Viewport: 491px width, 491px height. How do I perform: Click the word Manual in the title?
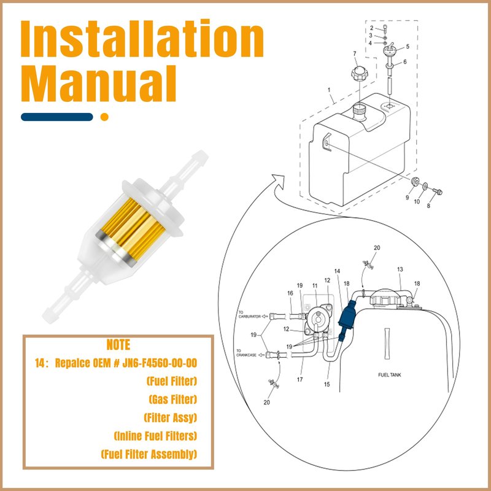coord(98,83)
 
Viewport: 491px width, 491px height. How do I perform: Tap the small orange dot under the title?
coord(104,117)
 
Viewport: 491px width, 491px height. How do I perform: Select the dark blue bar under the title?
coord(57,117)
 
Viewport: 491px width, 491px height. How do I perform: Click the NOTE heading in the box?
coord(118,344)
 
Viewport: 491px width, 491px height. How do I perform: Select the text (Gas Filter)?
coord(173,400)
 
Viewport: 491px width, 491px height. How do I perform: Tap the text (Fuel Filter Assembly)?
coord(149,454)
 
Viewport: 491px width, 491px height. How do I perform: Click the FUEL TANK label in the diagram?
coord(389,375)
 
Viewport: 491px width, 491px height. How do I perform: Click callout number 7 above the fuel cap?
coord(355,54)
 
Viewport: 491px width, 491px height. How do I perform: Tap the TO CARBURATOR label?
coord(250,314)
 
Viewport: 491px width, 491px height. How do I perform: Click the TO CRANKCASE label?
coord(247,353)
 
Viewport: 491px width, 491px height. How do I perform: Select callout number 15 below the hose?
coord(327,384)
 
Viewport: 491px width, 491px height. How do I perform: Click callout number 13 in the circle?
coord(400,269)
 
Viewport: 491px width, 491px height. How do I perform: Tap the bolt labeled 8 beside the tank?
coord(438,191)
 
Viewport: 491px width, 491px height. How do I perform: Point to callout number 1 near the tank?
coord(329,90)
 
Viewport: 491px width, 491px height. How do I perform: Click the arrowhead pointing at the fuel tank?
coord(279,180)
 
